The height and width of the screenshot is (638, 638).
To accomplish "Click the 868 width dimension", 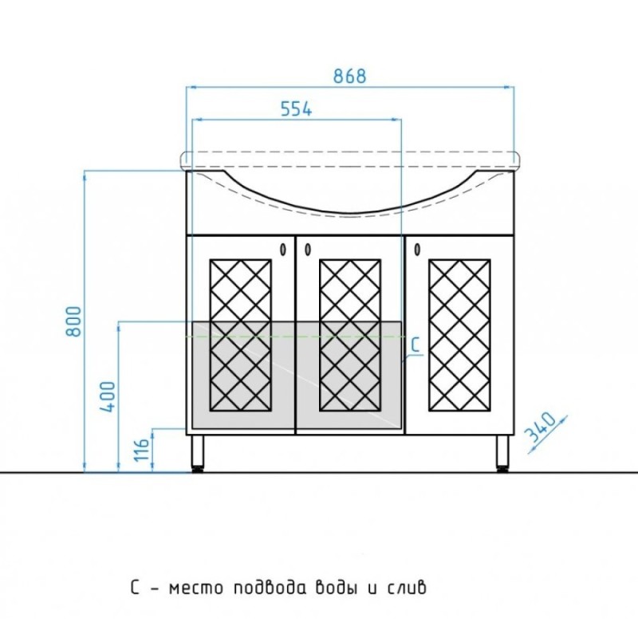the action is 349,76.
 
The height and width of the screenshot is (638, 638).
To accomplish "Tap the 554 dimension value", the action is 296,109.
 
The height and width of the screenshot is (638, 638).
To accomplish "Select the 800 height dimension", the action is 74,321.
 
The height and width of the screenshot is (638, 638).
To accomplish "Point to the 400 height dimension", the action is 108,396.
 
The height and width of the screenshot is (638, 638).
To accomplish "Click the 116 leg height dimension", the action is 142,450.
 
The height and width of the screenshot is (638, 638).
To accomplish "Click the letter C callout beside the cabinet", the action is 415,345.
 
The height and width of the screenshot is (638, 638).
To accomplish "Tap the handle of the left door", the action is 283,249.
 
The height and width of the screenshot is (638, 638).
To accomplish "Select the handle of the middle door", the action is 308,249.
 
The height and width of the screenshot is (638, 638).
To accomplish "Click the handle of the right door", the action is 417,249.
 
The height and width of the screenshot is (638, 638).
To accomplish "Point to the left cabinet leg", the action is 198,453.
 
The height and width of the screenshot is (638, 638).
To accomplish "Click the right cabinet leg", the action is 503,453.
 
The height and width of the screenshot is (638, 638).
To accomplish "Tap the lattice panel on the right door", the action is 459,335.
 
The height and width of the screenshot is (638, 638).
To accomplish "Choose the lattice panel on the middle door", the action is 350,335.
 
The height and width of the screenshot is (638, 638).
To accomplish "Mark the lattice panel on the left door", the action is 241,335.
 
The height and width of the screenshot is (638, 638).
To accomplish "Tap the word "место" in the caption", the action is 196,589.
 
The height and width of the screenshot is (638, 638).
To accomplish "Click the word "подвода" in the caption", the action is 270,587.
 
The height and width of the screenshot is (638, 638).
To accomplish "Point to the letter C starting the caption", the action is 135,588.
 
